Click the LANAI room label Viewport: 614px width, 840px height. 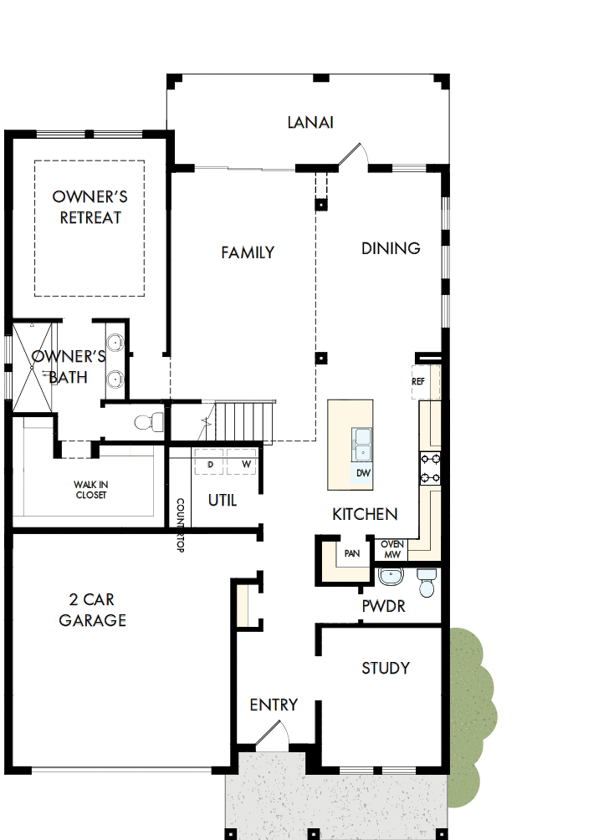point(310,123)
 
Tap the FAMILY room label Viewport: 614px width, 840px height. point(248,252)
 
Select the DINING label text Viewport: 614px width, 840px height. point(391,248)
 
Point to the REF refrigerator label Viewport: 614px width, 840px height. point(419,381)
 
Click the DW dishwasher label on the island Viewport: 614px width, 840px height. point(363,473)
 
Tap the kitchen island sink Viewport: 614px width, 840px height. point(363,444)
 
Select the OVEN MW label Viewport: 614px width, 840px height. point(392,549)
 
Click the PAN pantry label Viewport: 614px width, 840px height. point(352,553)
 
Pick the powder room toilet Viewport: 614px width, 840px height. point(427,583)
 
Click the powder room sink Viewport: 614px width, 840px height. point(391,578)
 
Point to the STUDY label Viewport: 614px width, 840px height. point(386,668)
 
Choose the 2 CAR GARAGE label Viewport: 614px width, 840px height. point(92,609)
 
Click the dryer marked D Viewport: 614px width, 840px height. point(210,463)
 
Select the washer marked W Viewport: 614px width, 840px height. point(246,463)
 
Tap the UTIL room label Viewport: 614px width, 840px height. point(223,500)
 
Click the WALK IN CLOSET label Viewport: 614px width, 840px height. point(90,490)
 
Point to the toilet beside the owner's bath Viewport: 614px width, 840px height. point(150,421)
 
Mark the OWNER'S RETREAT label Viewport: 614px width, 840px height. point(90,207)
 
